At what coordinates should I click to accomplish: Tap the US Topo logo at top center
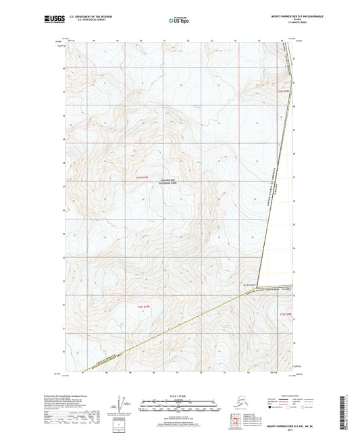tap(179, 21)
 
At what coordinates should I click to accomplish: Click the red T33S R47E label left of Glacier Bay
tap(137, 176)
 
